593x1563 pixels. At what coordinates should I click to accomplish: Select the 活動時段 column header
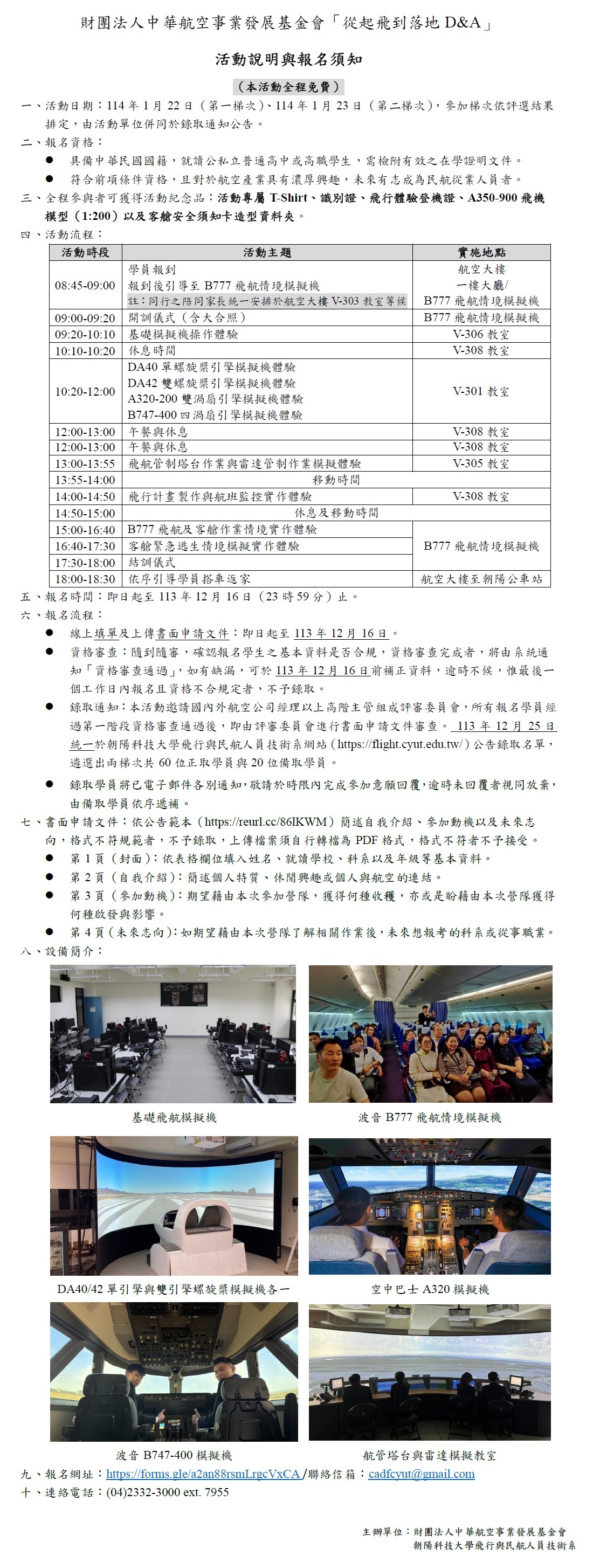85,252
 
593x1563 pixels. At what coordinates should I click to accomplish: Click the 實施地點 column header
481,252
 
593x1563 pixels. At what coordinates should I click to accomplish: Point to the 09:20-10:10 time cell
85,334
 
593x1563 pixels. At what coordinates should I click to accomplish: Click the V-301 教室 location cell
481,391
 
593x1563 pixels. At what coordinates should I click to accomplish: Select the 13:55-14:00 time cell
85,480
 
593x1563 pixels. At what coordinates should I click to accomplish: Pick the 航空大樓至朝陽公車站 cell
481,579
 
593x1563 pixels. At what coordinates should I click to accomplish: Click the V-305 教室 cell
481,464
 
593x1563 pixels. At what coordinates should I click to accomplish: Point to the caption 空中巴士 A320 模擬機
430,1289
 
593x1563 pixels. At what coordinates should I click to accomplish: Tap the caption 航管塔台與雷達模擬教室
429,1455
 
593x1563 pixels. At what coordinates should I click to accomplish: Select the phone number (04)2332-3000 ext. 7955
168,1492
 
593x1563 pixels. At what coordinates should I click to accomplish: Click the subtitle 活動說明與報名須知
289,59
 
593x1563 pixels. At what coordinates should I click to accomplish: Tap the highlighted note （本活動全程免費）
289,87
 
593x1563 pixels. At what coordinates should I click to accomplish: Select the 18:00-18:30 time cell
85,579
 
